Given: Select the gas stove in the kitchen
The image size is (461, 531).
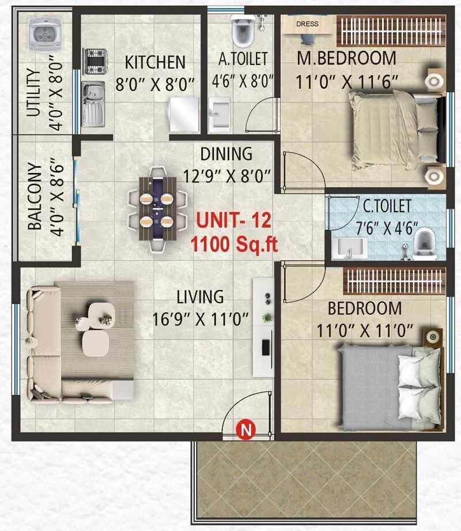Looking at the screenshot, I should [95, 60].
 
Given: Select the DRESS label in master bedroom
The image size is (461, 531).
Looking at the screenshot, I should [307, 24].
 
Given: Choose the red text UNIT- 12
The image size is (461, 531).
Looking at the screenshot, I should [233, 221].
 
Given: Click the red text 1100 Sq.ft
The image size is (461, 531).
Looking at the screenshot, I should [235, 245].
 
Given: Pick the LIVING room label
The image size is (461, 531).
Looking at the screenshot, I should [200, 297].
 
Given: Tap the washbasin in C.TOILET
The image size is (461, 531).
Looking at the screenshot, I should [352, 247].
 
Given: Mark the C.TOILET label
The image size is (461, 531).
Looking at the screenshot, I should [387, 205].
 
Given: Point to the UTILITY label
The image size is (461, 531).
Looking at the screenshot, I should [34, 92].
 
